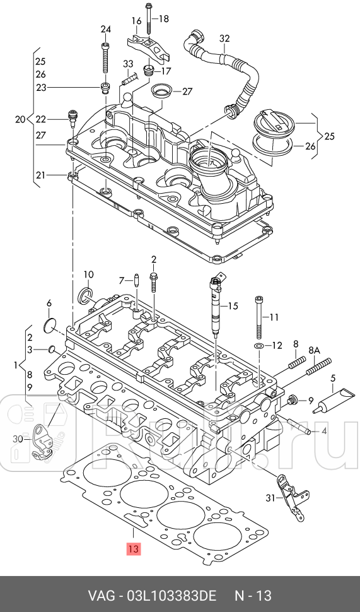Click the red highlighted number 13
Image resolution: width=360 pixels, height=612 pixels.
(133, 549)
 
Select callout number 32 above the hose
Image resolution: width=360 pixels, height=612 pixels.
(224, 38)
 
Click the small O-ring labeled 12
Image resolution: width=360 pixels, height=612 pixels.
(258, 345)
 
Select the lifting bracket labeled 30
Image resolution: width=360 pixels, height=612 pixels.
(42, 442)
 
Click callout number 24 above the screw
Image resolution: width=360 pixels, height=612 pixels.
(106, 29)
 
